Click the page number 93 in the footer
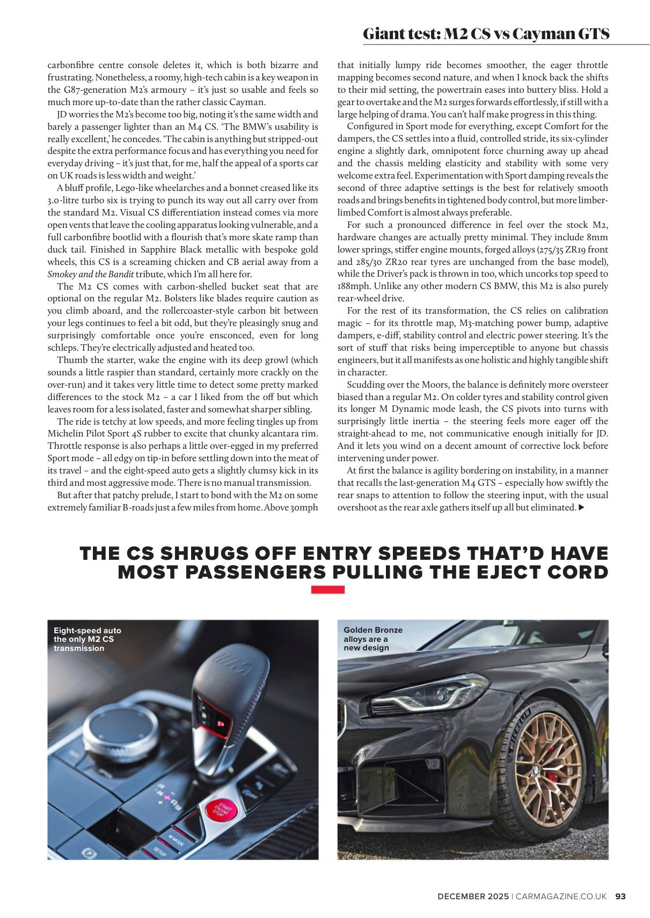coord(620,896)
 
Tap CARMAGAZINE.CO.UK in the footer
coord(561,896)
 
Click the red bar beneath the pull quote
coord(328,589)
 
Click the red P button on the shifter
coord(220,724)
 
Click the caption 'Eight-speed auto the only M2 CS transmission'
coord(87,639)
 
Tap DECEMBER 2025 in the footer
coord(472,896)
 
